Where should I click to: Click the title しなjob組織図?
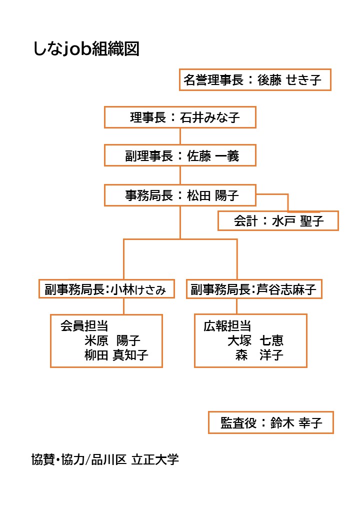point(86,49)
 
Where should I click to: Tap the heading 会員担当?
point(84,326)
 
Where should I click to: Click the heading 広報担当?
point(227,326)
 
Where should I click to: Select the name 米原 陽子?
point(112,340)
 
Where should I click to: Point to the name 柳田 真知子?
point(116,355)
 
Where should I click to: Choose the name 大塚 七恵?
point(255,340)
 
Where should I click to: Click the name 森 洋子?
point(259,355)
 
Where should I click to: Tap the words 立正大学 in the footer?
point(155,459)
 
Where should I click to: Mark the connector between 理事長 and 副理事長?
point(180,136)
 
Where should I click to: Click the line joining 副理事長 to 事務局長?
point(180,175)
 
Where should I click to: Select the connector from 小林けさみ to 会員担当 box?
point(123,306)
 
